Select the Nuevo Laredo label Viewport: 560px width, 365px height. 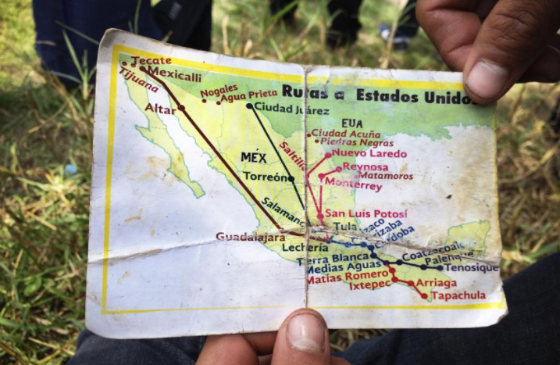coord(369,154)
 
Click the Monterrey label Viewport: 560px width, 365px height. coord(354,185)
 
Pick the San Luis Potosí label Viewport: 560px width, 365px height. coord(366,213)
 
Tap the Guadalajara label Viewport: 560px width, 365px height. coord(251,236)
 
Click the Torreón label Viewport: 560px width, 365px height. coord(265,177)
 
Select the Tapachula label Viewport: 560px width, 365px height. coord(458,295)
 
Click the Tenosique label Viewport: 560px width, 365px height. coord(472,268)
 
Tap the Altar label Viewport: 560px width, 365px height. coord(161,109)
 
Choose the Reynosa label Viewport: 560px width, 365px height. coord(365,167)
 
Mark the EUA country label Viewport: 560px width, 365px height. coord(352,123)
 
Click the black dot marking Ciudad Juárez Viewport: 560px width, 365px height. coord(249,106)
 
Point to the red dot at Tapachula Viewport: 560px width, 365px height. coord(425,296)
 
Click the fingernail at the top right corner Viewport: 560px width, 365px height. coord(489,79)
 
